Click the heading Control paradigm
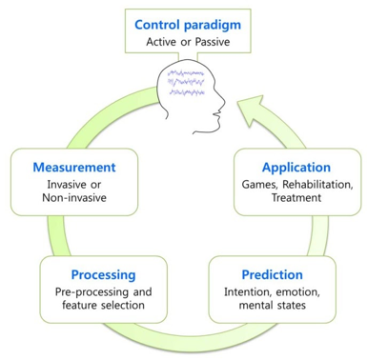click(x=186, y=23)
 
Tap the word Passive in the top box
click(x=213, y=42)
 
